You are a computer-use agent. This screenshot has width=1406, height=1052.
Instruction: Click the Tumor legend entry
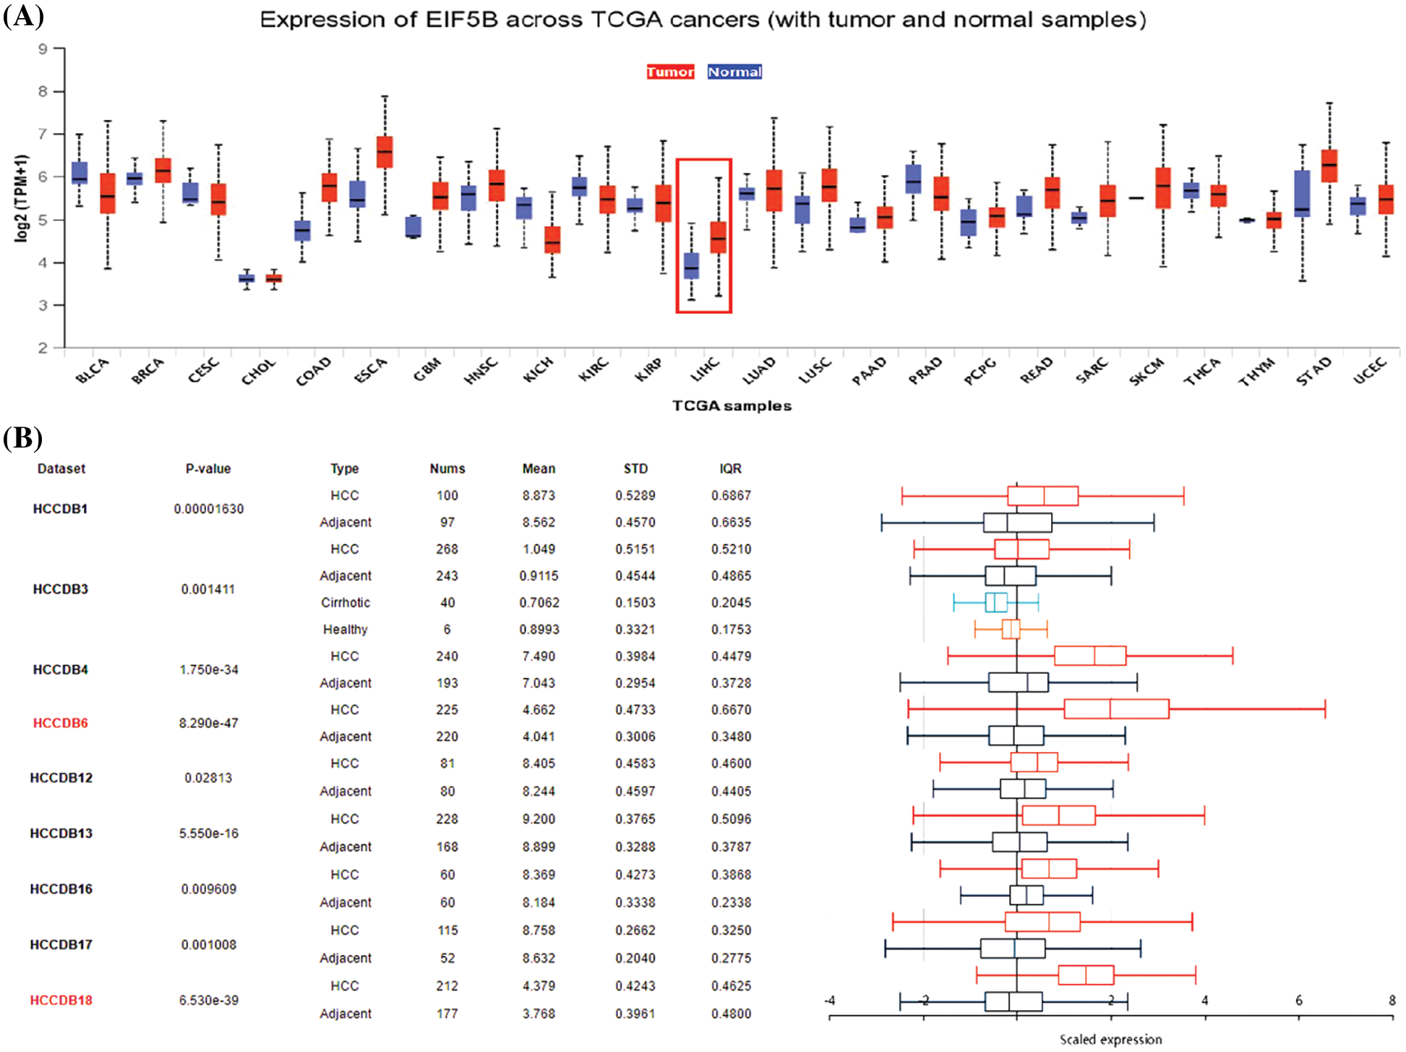(669, 72)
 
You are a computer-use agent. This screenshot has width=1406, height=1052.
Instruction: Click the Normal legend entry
(734, 72)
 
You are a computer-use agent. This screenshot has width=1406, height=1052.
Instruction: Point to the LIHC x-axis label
(705, 369)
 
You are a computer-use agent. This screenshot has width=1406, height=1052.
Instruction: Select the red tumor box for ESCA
(385, 152)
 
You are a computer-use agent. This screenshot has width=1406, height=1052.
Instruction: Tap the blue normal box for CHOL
(247, 278)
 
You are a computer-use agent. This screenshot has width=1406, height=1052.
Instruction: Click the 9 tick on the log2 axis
(43, 49)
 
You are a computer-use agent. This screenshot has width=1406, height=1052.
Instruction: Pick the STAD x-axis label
(1313, 370)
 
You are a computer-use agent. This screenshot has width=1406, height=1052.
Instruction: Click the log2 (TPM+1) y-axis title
(22, 197)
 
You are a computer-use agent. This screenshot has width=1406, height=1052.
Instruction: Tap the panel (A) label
(23, 16)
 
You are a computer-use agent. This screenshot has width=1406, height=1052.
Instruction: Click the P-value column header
(208, 469)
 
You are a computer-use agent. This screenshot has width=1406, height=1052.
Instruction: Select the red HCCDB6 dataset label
(61, 723)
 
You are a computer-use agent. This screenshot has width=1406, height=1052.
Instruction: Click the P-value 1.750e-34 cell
(208, 670)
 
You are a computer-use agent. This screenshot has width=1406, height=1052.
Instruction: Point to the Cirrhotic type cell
(346, 602)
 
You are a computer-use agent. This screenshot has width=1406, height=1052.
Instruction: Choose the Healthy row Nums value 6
(447, 629)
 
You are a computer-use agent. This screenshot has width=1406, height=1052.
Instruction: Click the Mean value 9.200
(539, 818)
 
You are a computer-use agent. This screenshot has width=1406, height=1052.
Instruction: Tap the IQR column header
(730, 469)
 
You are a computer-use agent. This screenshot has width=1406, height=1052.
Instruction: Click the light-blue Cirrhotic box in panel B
(995, 602)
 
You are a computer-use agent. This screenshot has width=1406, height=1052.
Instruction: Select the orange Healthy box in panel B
(1011, 629)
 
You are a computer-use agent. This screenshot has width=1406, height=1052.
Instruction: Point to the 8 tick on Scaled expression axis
(1392, 1001)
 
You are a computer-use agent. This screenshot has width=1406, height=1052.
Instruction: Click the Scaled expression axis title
(1110, 1039)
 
